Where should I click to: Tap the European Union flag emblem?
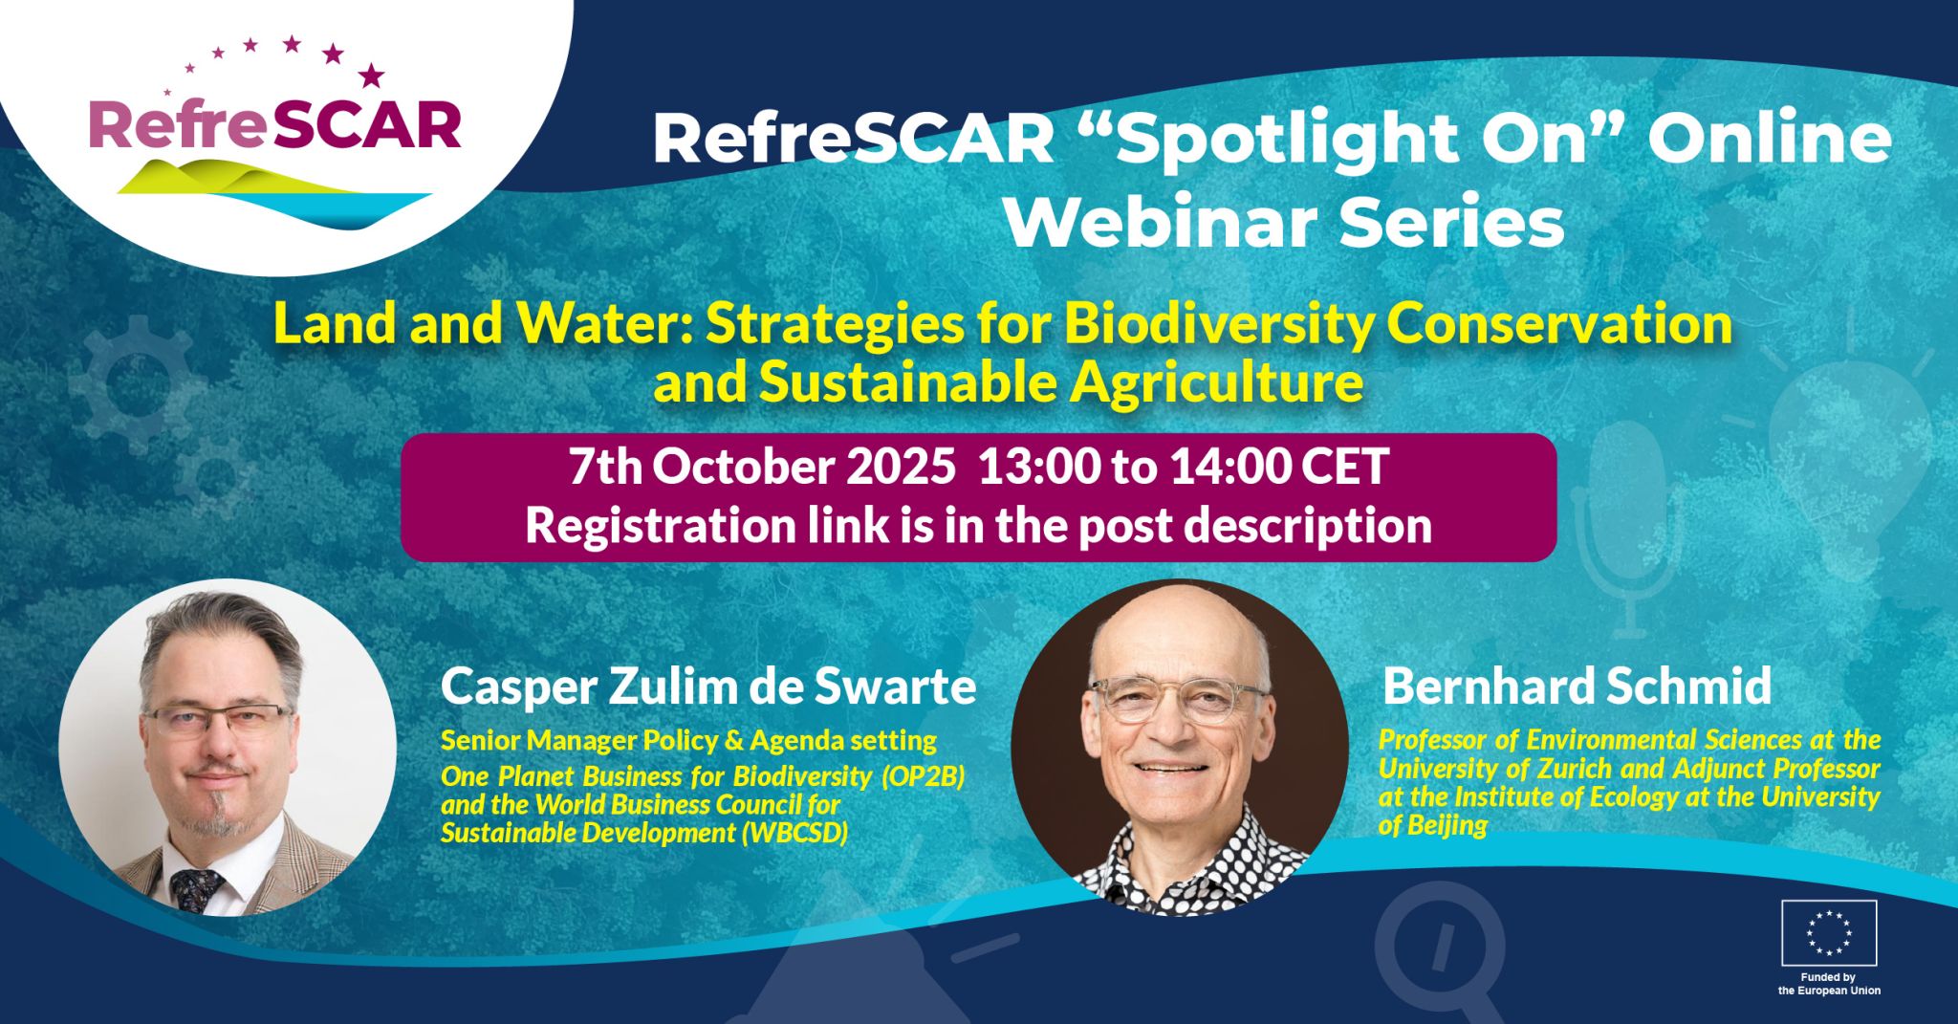tap(1828, 932)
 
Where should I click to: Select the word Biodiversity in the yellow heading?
tap(1219, 323)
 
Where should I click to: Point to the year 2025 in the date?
tap(901, 468)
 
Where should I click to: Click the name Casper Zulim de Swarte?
tap(708, 686)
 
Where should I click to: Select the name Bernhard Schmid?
tap(1577, 686)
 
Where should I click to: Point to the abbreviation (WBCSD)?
tap(794, 833)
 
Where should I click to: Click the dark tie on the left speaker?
tap(197, 888)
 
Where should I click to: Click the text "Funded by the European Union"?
tap(1828, 984)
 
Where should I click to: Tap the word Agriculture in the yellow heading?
tap(1216, 383)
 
